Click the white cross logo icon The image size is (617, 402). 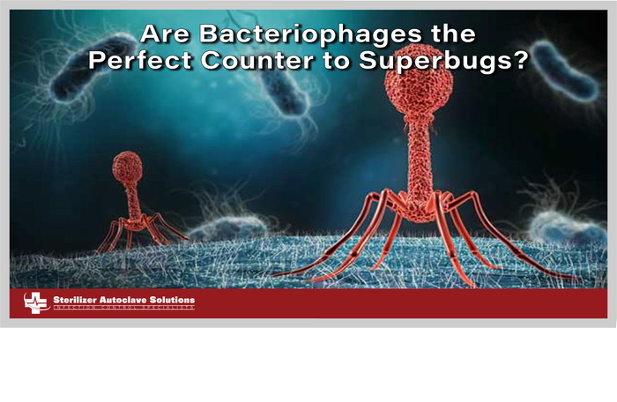point(36,302)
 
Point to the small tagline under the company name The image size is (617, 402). point(123,309)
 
